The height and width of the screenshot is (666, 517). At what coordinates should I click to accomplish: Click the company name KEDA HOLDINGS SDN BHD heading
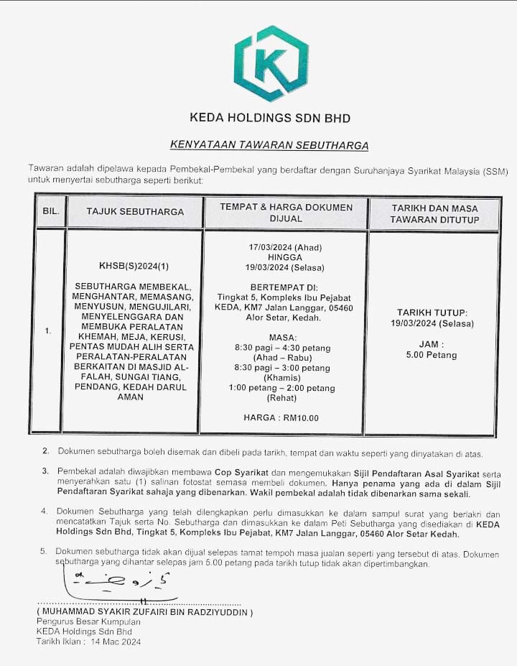tap(269, 117)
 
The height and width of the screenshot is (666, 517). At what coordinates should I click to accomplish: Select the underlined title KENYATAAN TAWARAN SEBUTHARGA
tap(269, 145)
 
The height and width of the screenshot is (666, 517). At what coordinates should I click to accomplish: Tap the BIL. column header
tap(50, 211)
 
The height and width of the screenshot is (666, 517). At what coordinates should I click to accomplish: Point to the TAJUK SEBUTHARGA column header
tap(135, 211)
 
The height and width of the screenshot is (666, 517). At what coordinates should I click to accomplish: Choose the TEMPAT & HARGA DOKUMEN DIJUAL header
tap(286, 212)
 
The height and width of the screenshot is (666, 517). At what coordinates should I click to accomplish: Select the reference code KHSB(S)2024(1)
tap(134, 265)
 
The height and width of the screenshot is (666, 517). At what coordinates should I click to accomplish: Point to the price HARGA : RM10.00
tap(281, 417)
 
